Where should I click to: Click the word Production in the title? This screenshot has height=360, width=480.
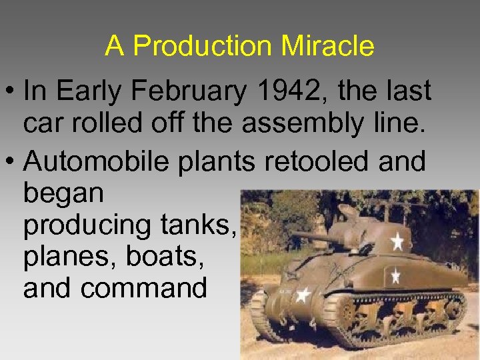point(201,46)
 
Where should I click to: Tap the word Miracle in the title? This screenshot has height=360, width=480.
point(327,46)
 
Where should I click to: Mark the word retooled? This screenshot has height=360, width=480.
point(313,161)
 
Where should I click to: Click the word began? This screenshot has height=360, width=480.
point(63,194)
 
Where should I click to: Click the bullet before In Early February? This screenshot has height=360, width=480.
point(11,92)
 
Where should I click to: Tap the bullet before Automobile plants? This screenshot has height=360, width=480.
point(11,161)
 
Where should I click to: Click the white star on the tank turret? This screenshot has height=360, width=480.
point(399,240)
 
